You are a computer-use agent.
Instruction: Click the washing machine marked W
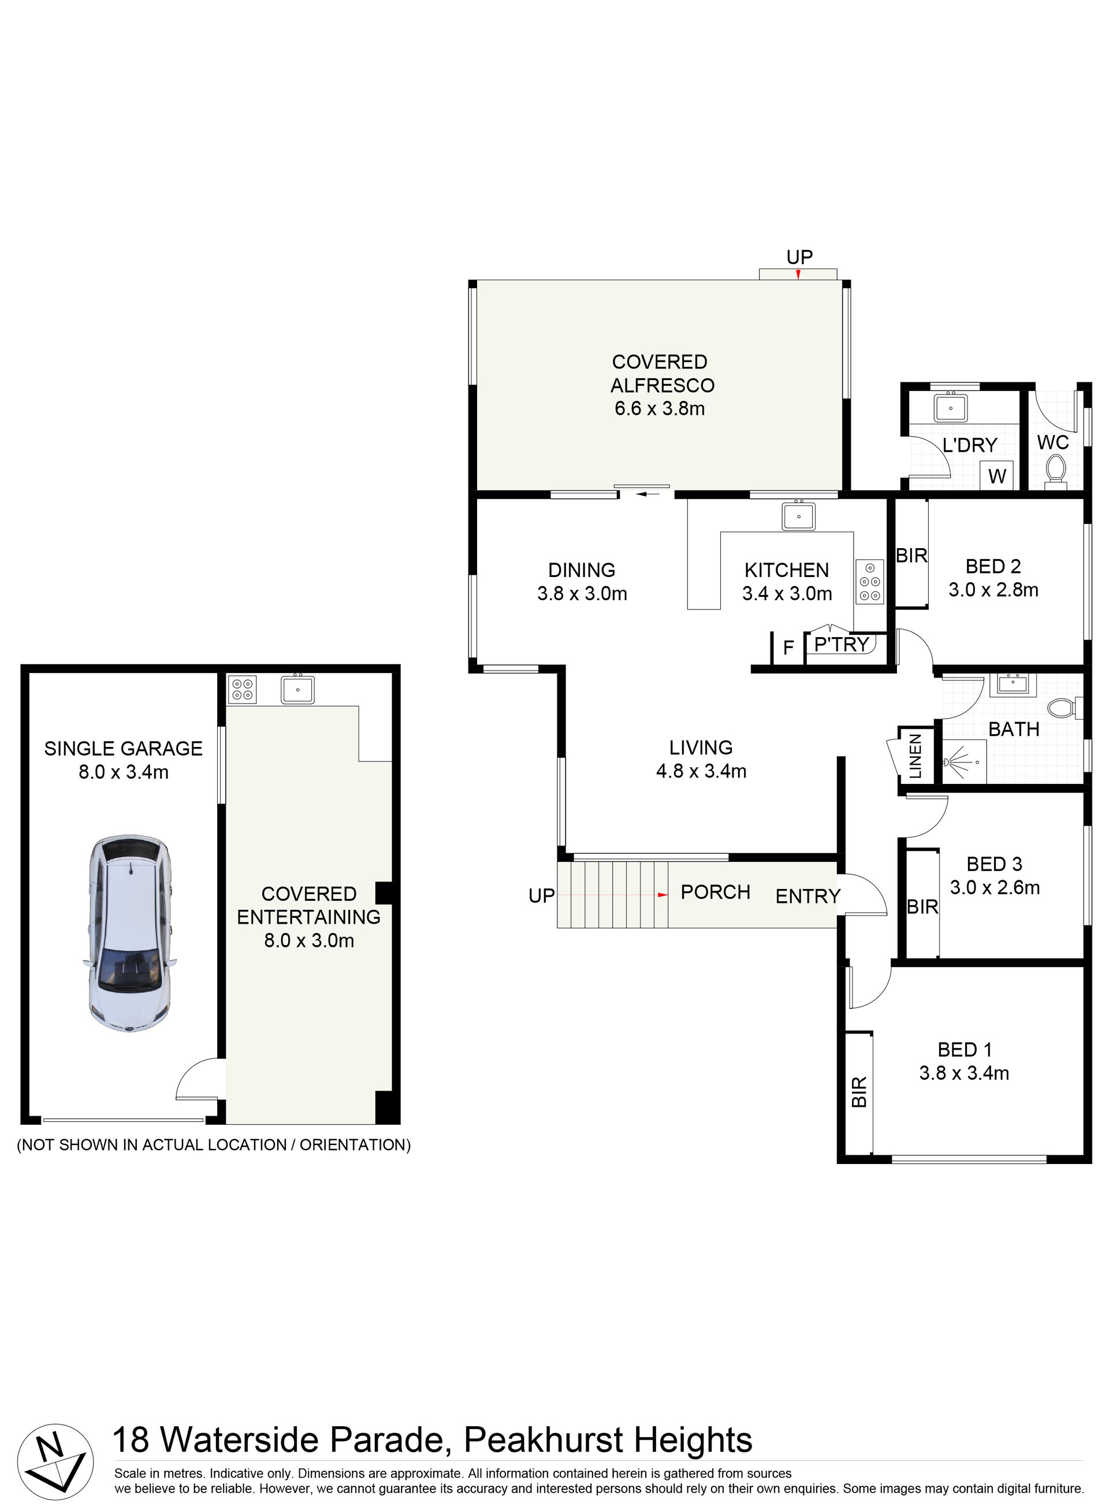(997, 476)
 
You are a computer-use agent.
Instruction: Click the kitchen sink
(798, 516)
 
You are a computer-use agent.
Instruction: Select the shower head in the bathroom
(951, 762)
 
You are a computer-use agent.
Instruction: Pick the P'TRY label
(841, 645)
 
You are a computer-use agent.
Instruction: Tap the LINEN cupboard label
(915, 756)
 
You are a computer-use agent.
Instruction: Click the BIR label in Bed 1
(858, 1092)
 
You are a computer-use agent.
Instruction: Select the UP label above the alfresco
(799, 256)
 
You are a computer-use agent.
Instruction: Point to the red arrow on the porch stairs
(663, 895)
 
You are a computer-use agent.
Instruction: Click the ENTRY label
(807, 897)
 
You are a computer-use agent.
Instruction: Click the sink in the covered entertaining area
(297, 689)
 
